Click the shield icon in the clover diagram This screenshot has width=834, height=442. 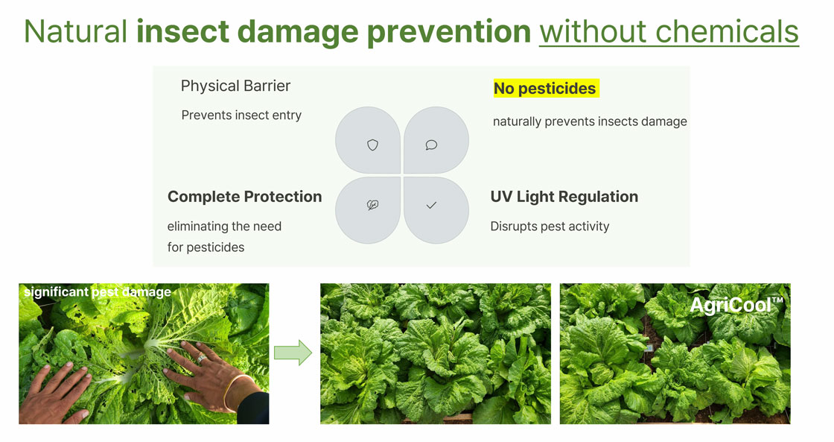point(373,145)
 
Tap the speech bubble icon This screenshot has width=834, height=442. point(431,145)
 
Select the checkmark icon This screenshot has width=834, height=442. point(431,205)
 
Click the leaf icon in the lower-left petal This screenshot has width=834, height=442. point(373,205)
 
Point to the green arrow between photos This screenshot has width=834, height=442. point(293,353)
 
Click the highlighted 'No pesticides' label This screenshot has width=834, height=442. point(546,89)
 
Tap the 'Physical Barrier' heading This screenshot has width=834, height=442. point(235,86)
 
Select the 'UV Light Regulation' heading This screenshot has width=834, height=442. point(564,197)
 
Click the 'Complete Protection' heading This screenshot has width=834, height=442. point(245,197)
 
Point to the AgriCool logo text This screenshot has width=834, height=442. point(736,306)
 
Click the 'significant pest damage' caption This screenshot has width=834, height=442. point(98,292)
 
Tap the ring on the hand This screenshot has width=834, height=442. point(202,359)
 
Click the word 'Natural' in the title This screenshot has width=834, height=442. point(75,31)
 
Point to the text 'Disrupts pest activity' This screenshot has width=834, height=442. point(550,227)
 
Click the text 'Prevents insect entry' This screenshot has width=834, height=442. point(241,115)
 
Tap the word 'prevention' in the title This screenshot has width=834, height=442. point(448,32)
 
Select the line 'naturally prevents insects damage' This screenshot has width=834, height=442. point(590,121)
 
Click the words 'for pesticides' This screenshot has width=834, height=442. point(206,247)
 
